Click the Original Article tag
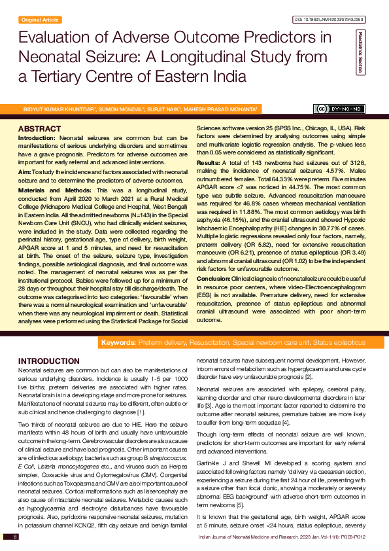click(x=40, y=20)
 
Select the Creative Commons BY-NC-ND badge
click(x=340, y=109)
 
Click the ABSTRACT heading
click(x=40, y=128)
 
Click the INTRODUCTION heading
click(x=49, y=361)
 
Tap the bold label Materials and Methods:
click(x=50, y=190)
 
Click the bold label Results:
click(x=209, y=162)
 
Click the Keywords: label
click(x=118, y=342)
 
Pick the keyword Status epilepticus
click(x=339, y=342)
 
